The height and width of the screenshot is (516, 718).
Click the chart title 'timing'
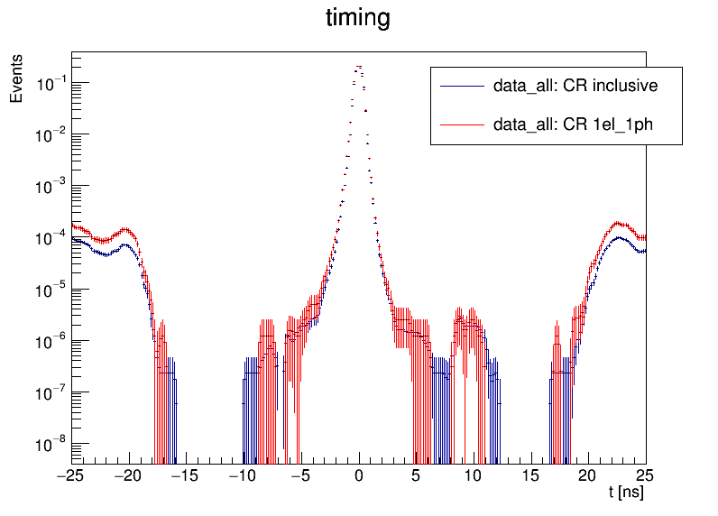pos(358,19)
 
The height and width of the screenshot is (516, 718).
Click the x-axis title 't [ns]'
pos(626,494)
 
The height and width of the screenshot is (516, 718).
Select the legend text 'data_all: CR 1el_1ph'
pos(573,124)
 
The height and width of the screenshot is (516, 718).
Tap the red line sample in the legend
pos(461,124)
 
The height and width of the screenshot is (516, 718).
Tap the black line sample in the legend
pos(461,87)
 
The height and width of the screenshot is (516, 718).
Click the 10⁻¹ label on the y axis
pos(50,83)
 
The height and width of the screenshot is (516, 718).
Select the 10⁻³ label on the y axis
pos(50,186)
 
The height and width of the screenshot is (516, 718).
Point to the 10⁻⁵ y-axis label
pos(50,290)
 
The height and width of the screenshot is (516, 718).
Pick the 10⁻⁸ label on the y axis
pos(50,444)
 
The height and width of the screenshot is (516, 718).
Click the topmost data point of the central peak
pos(359,67)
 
